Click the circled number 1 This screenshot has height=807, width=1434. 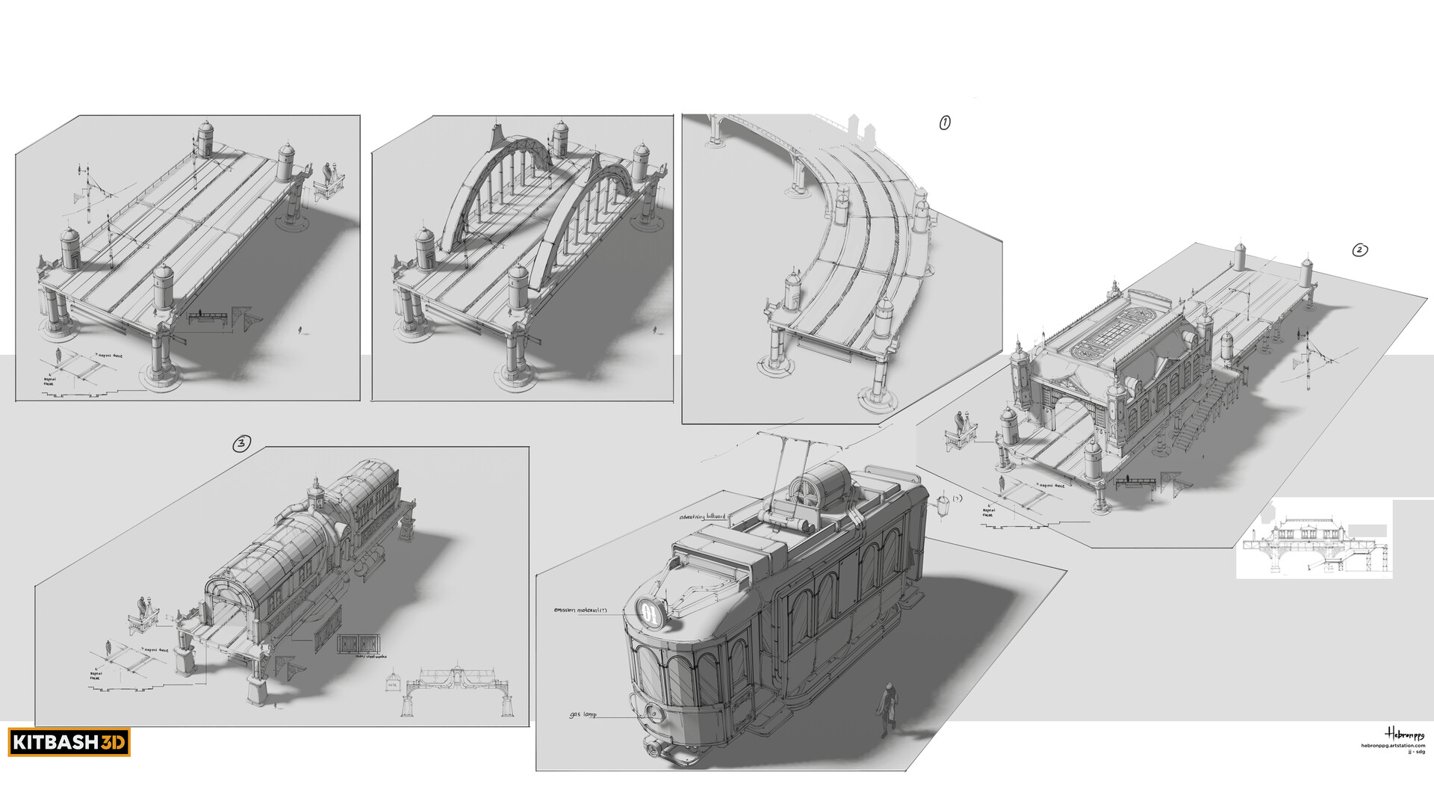(945, 123)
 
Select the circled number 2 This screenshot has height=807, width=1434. (1360, 250)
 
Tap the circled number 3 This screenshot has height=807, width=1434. (240, 444)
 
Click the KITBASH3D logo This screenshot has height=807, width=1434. (70, 743)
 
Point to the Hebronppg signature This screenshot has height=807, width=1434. (1405, 734)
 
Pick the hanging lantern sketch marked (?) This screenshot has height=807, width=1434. (943, 505)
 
